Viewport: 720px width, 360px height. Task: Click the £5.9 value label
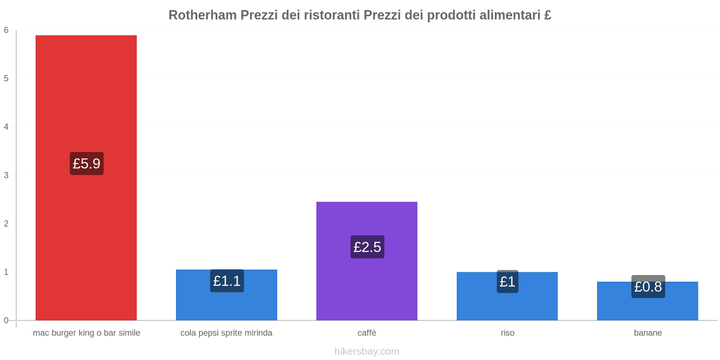(86, 163)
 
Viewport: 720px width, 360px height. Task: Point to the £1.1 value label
(227, 281)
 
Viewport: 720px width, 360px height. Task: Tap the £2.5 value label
(367, 247)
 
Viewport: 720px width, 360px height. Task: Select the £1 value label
(507, 282)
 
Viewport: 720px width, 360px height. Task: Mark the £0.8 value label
(648, 287)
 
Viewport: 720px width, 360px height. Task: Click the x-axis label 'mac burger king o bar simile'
(86, 333)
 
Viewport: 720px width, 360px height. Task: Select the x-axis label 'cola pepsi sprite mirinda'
(226, 333)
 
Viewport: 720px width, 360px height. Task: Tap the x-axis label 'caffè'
(367, 333)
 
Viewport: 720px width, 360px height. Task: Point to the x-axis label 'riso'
(507, 333)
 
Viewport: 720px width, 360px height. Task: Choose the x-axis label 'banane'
(648, 333)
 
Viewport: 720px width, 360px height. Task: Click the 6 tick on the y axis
(6, 30)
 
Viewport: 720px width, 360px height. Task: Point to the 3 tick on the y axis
(6, 175)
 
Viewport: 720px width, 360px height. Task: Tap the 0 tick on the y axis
(6, 320)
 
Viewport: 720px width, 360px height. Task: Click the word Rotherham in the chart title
(202, 15)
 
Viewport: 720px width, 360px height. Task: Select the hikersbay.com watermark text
(367, 351)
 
